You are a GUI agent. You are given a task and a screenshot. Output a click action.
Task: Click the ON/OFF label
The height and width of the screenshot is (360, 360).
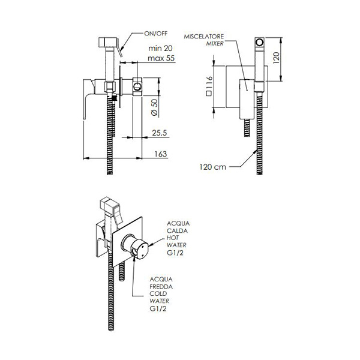pyautogui.click(x=155, y=34)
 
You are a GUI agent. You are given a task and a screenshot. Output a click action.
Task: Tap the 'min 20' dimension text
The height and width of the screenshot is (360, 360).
pyautogui.click(x=160, y=48)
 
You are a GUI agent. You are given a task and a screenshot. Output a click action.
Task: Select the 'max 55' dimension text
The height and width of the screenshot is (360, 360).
pyautogui.click(x=161, y=58)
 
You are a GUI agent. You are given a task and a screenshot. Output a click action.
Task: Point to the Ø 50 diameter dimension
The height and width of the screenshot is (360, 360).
pyautogui.click(x=155, y=107)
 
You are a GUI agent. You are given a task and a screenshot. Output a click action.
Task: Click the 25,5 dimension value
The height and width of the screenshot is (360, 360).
pyautogui.click(x=160, y=133)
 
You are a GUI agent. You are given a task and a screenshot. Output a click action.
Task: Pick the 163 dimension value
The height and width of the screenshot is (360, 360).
pyautogui.click(x=160, y=154)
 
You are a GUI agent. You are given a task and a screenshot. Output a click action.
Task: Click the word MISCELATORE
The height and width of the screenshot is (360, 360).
pyautogui.click(x=203, y=37)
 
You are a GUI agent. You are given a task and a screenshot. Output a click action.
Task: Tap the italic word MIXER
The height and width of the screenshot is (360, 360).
pyautogui.click(x=215, y=43)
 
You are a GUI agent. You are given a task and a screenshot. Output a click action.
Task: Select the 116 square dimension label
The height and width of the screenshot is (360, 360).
pyautogui.click(x=209, y=86)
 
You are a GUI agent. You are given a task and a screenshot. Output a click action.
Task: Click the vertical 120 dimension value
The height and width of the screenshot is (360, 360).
pyautogui.click(x=276, y=58)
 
